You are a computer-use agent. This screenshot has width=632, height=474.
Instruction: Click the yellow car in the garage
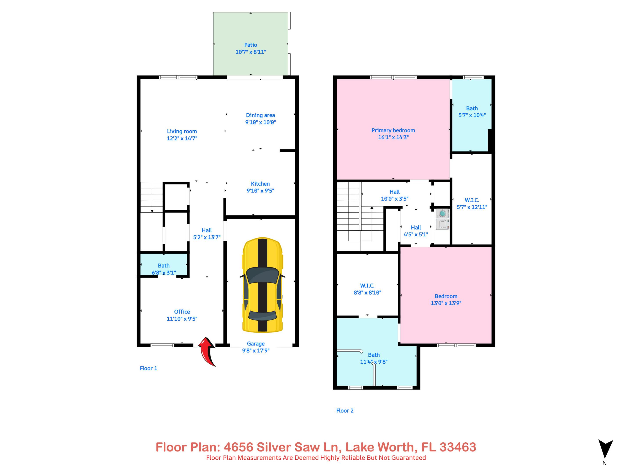[x=262, y=285]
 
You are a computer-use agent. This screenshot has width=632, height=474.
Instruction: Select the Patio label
[x=251, y=45]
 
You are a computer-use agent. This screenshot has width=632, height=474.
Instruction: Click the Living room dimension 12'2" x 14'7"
[x=182, y=138]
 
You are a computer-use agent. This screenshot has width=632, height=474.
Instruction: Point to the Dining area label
[x=260, y=115]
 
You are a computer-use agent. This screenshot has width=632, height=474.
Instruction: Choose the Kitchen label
[x=260, y=184]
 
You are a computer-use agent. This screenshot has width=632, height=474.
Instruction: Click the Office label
[x=182, y=312]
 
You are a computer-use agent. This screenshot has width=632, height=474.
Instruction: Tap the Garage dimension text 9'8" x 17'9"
[x=256, y=351]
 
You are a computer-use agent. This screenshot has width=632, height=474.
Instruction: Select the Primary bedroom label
[x=393, y=130]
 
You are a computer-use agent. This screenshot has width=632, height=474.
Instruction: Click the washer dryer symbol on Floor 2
[x=442, y=219]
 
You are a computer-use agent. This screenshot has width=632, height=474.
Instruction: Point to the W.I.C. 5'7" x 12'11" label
[x=472, y=203]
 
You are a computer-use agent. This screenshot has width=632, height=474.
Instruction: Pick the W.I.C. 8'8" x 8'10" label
[x=367, y=289]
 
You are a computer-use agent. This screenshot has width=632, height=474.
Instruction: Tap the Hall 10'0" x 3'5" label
[x=395, y=195]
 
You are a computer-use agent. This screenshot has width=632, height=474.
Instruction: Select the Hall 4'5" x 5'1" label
[x=416, y=231]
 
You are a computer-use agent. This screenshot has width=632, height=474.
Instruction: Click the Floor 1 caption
[x=148, y=368]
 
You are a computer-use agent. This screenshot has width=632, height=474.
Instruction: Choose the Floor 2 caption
[x=345, y=411]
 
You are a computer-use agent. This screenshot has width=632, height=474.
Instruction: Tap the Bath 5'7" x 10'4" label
[x=472, y=112]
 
